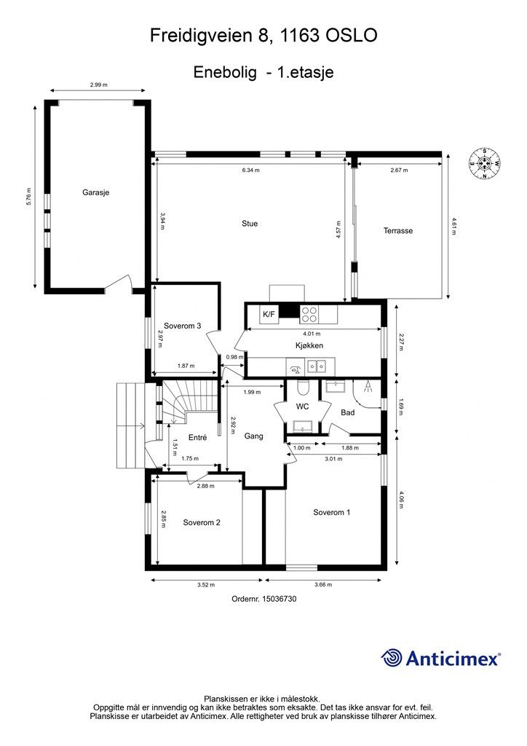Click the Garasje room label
(x=95, y=192)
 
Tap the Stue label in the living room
(x=250, y=224)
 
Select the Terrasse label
(x=398, y=231)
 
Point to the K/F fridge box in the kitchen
(x=269, y=314)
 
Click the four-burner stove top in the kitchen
(x=309, y=314)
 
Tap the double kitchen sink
(x=317, y=366)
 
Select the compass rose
(x=484, y=164)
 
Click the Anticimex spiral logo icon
(x=392, y=658)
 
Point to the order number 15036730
(x=280, y=599)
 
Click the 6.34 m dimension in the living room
(x=250, y=170)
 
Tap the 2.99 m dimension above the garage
(x=98, y=85)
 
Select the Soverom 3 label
(x=183, y=326)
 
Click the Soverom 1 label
(x=332, y=512)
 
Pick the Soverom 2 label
(x=202, y=522)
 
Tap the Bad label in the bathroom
(x=348, y=412)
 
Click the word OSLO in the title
(x=352, y=36)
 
